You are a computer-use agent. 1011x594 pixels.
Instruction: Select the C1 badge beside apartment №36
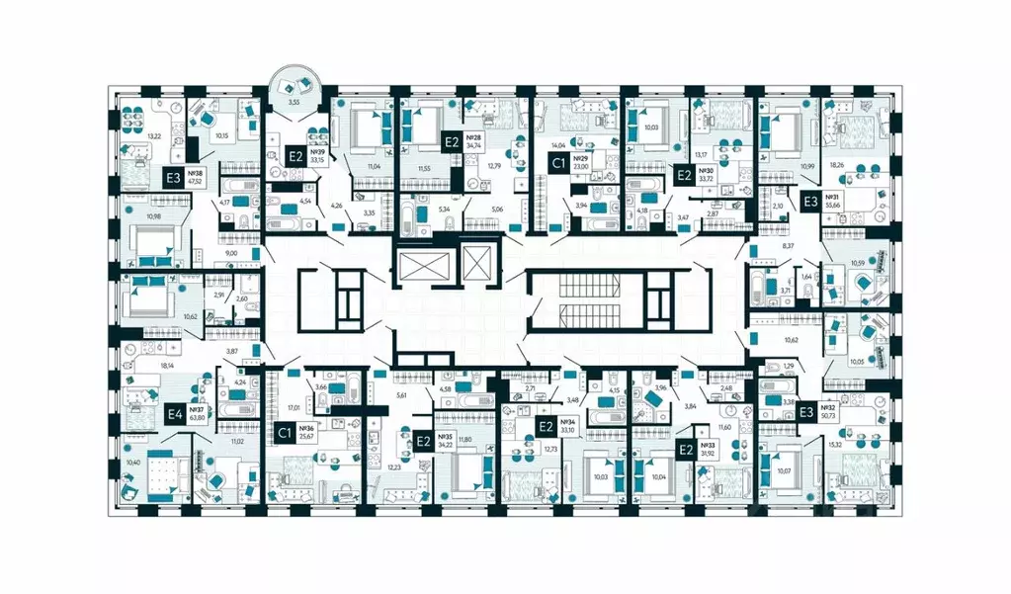coord(284,431)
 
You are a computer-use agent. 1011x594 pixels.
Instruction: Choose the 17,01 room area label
coord(294,405)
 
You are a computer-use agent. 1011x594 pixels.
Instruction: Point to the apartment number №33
coord(707,445)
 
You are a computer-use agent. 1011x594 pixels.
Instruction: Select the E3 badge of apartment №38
coord(174,179)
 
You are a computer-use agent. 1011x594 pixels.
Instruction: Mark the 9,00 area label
coord(230,253)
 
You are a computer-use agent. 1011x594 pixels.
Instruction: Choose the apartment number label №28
coord(473,137)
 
